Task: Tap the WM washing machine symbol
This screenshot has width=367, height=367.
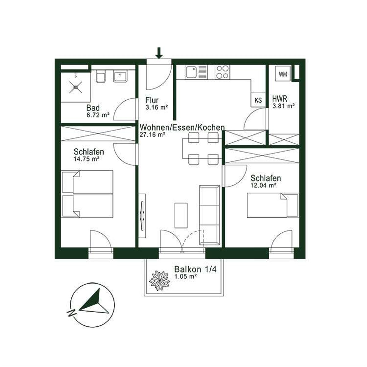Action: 283,74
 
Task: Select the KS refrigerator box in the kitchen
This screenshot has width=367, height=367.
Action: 258,100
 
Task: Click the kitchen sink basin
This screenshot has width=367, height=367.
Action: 191,72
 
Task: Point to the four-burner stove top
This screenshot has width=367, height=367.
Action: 222,72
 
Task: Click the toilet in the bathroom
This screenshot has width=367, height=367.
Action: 101,76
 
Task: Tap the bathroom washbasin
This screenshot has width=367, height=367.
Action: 120,76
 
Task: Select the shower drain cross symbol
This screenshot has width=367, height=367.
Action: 76,87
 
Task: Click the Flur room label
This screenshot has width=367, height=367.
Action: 152,100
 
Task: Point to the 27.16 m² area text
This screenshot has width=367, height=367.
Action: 152,135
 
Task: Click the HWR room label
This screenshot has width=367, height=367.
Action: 280,99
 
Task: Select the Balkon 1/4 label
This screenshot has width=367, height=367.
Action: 195,269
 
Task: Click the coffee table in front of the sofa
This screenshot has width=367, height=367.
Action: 181,215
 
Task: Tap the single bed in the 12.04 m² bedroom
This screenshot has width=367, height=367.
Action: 273,205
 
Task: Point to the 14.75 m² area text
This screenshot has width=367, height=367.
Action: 87,159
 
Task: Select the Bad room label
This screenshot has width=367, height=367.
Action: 93,108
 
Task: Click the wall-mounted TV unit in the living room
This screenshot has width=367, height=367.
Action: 142,216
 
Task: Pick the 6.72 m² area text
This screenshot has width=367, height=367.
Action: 98,115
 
